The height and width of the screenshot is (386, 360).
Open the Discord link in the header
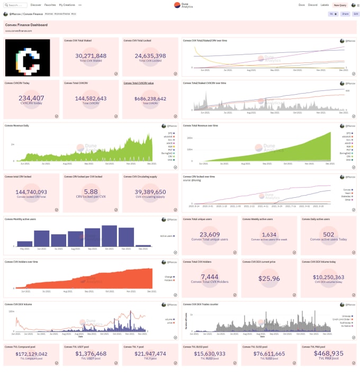pos(312,5)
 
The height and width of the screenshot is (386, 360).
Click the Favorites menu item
pos(50,5)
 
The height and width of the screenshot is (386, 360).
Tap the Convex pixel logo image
pos(28,57)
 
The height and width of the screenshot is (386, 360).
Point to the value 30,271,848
pos(91,56)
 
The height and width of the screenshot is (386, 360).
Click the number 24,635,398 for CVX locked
pos(150,56)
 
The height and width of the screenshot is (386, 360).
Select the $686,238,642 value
pos(150,98)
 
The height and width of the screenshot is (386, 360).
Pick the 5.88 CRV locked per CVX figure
pos(91,192)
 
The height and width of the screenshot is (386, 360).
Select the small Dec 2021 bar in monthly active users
pos(143,245)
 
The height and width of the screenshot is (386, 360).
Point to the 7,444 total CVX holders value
pos(210,277)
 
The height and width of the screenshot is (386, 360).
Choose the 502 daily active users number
pos(328,235)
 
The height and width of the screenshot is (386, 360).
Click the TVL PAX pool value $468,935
pos(328,353)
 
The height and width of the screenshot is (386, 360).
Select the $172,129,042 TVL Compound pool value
pos(32,354)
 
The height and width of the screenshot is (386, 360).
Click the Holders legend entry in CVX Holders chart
pos(169,280)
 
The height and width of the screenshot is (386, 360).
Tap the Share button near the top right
pos(345,14)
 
